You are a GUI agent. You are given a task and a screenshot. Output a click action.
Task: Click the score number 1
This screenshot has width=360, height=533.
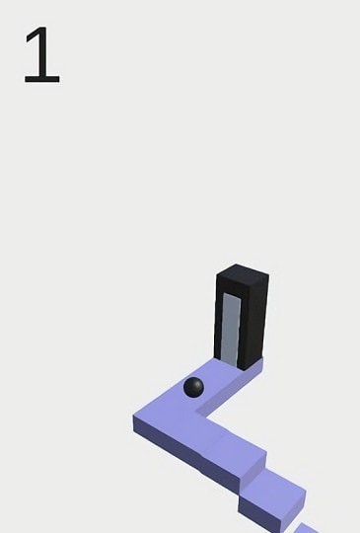point(42,54)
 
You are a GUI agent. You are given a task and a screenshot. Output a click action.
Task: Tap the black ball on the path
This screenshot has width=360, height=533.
point(193,388)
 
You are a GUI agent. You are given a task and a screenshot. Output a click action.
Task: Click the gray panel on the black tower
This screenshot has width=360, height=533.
point(231,330)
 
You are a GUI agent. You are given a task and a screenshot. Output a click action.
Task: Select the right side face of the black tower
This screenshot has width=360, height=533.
point(254,323)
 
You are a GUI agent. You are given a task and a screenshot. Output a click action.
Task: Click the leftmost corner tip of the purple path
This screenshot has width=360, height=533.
point(133,417)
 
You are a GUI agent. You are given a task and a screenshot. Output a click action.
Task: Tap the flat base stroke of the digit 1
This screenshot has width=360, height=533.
point(42,80)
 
